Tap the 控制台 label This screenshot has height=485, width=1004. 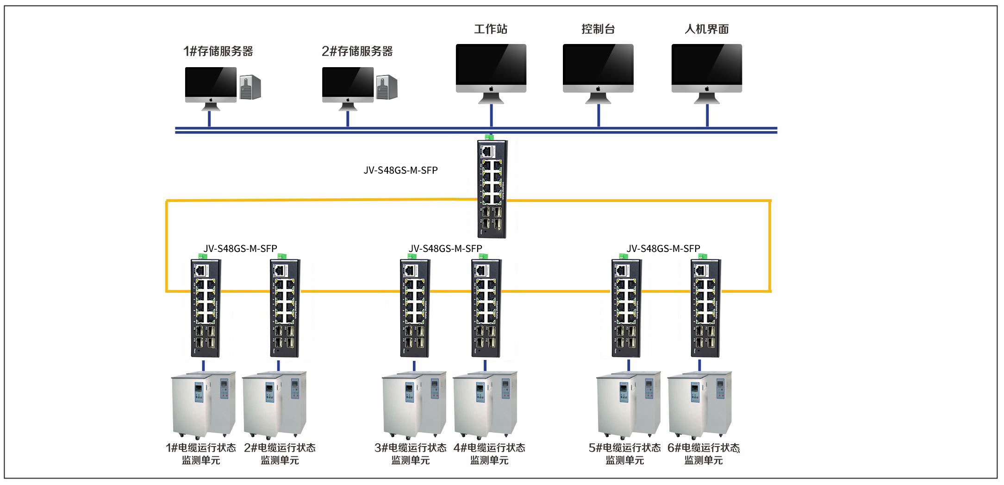coord(598,29)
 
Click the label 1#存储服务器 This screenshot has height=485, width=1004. coord(218,51)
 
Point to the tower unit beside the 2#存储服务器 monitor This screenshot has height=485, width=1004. coord(387,87)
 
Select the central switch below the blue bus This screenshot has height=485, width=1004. coord(492,189)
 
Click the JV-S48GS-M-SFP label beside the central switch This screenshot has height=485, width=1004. coord(400,170)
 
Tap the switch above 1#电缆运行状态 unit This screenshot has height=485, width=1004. coord(206,308)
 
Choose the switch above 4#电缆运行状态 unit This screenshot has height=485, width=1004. coord(486,308)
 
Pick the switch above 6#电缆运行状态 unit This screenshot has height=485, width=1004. coord(705,308)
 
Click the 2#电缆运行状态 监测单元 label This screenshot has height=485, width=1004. coord(280,454)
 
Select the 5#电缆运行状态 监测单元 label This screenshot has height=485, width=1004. coord(624,454)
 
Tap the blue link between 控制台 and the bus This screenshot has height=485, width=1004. coord(599,115)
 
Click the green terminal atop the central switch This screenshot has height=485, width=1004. coord(489,137)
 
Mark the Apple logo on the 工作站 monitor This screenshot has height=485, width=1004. coord(491,88)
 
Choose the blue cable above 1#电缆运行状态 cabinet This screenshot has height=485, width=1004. coord(203,365)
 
